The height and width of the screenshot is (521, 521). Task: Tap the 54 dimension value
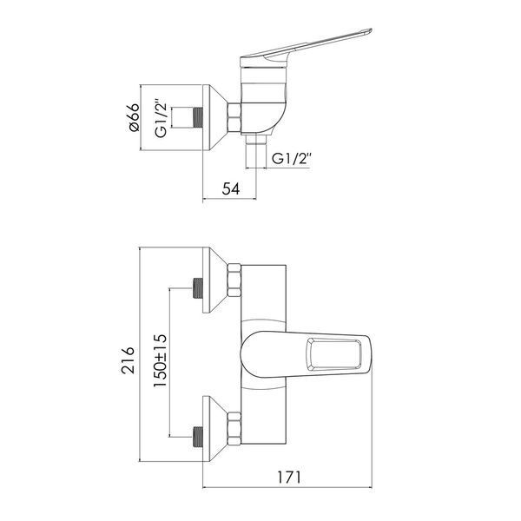tap(231, 189)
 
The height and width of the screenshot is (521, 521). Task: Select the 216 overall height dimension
tap(129, 360)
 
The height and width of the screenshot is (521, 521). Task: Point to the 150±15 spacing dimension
tap(160, 361)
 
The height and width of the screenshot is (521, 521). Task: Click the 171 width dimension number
tap(289, 478)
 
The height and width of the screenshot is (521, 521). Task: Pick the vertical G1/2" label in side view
tap(161, 117)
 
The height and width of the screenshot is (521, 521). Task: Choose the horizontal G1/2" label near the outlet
tap(292, 159)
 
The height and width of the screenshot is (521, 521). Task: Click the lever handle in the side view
tap(305, 48)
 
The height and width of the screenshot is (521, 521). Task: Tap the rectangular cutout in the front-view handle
tap(333, 354)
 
